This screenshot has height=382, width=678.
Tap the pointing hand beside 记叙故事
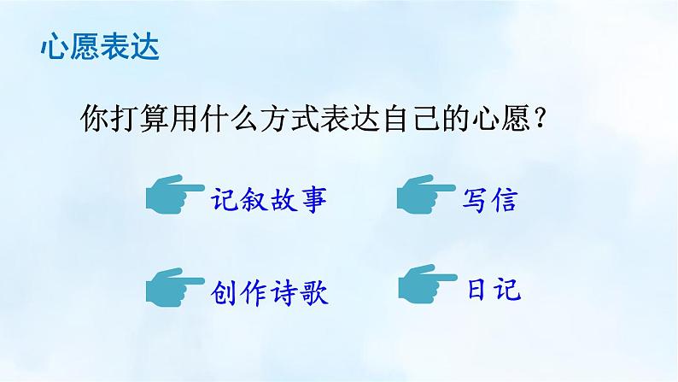[x=173, y=197]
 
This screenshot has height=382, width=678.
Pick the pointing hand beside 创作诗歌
[x=173, y=290]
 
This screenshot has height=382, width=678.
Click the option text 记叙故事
[x=268, y=201]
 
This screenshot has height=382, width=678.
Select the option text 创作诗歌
[x=268, y=292]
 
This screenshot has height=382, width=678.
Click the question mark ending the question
[x=539, y=119]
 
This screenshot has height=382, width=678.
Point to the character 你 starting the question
[x=95, y=119]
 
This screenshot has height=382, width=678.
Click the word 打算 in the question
[x=145, y=119]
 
